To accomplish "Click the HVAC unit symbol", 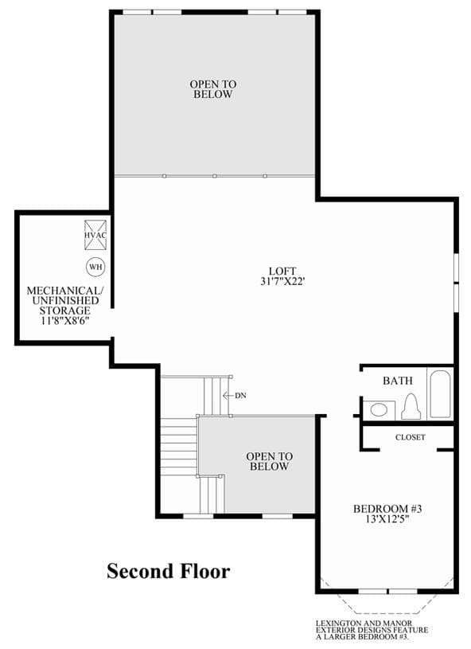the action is tap(95, 235).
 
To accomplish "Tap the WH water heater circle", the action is tap(95, 267).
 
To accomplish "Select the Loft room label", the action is tap(282, 271).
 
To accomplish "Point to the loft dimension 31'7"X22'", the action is tap(283, 281).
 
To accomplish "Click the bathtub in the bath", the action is tap(439, 393).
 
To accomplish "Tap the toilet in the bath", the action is tap(411, 407).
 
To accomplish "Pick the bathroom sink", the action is tap(379, 410).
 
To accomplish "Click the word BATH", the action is tap(398, 381).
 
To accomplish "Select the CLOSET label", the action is tap(411, 437).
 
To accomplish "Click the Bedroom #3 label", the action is tap(387, 509).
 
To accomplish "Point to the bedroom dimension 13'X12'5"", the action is tap(387, 519).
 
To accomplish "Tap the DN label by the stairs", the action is tap(240, 396).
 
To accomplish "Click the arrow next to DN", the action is tap(228, 396).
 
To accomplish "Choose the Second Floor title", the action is tap(169, 571).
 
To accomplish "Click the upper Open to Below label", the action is tap(213, 89).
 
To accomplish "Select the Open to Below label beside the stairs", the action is tap(269, 462).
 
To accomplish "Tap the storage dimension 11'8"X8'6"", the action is tap(65, 321).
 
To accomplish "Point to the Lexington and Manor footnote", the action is tap(372, 630).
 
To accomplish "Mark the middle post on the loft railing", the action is tap(215, 176).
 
